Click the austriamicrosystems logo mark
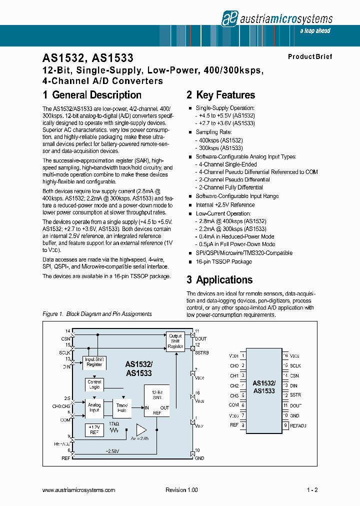[229, 19]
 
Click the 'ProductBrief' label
[309, 56]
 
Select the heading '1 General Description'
[92, 95]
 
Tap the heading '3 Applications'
[219, 280]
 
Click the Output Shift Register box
[175, 341]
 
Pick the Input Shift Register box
[94, 361]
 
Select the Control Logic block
[94, 384]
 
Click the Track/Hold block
[122, 408]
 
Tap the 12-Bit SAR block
[157, 400]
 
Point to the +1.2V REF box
[94, 429]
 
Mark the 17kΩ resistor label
[114, 423]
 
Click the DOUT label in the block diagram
[200, 338]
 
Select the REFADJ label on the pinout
[298, 425]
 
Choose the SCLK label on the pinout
[296, 365]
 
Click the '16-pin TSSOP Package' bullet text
[223, 261]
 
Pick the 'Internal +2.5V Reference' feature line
[225, 205]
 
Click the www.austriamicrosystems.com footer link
[79, 490]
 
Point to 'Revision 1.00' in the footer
[181, 490]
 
